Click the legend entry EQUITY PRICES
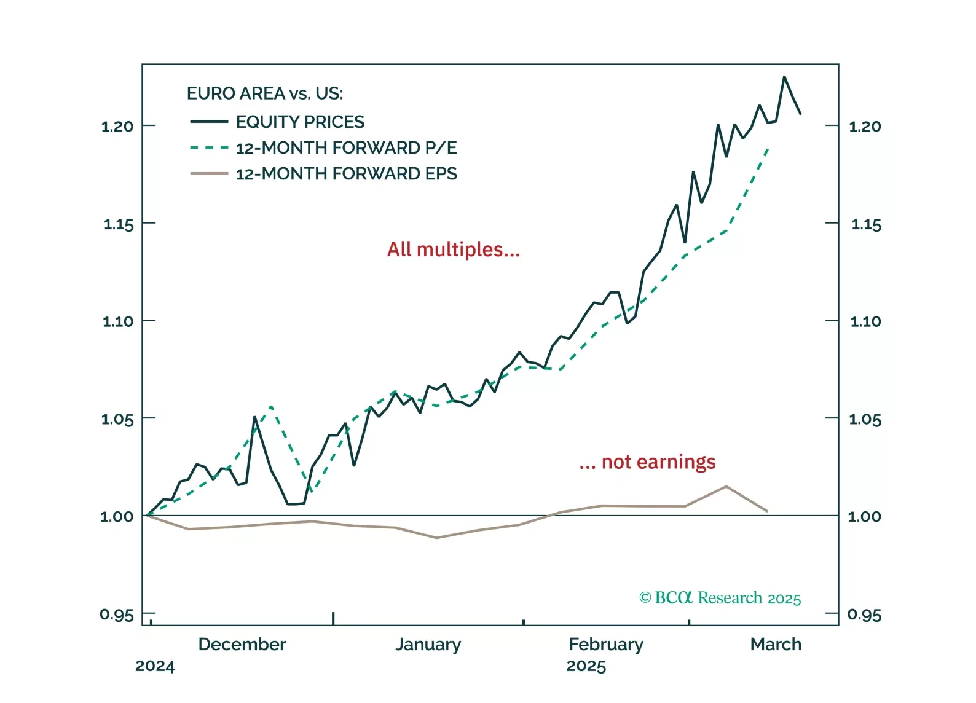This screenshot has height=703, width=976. tap(300, 122)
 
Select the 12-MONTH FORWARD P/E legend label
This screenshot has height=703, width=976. tap(346, 147)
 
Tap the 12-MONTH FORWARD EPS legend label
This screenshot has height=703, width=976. tap(346, 174)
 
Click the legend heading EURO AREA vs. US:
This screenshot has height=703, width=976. tap(265, 93)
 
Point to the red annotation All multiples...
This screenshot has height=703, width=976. tap(454, 249)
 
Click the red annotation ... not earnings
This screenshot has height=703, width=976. tap(647, 461)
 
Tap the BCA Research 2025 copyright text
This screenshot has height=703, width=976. tap(720, 598)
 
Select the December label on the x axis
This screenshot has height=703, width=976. tap(242, 644)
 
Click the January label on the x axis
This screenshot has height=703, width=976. tap(428, 644)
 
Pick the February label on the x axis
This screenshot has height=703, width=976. tap(606, 644)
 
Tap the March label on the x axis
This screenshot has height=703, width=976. tap(776, 644)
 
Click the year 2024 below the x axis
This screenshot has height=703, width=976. tap(155, 666)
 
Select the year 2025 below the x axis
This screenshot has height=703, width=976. tap(586, 666)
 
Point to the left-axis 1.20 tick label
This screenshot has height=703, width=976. tap(117, 127)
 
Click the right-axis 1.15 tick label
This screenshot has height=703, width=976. tap(866, 224)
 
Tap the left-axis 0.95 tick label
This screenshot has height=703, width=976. tap(116, 615)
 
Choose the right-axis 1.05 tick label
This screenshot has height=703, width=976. tap(865, 420)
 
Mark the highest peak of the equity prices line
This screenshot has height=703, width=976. tap(784, 77)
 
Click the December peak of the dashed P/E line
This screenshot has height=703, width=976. tap(271, 406)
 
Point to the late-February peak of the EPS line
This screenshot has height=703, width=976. tap(726, 486)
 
